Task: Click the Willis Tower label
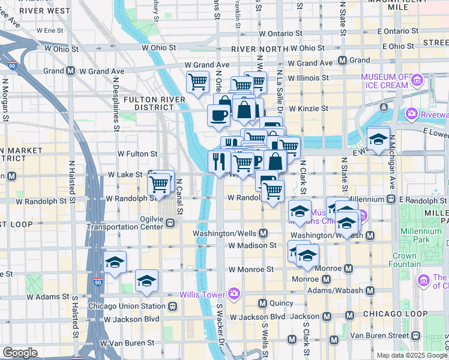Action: pos(202,294)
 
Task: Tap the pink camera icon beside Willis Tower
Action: pos(234,294)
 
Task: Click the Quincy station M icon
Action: pos(262,303)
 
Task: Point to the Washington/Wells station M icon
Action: pos(264,233)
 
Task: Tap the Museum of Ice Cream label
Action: pos(393,81)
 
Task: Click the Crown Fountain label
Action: pos(404,260)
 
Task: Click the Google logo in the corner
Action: pos(19,353)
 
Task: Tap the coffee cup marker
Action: pos(218,113)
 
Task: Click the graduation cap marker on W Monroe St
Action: pos(115,262)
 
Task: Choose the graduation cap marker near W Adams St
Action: pos(146,281)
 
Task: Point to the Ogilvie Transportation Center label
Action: pos(125,223)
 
